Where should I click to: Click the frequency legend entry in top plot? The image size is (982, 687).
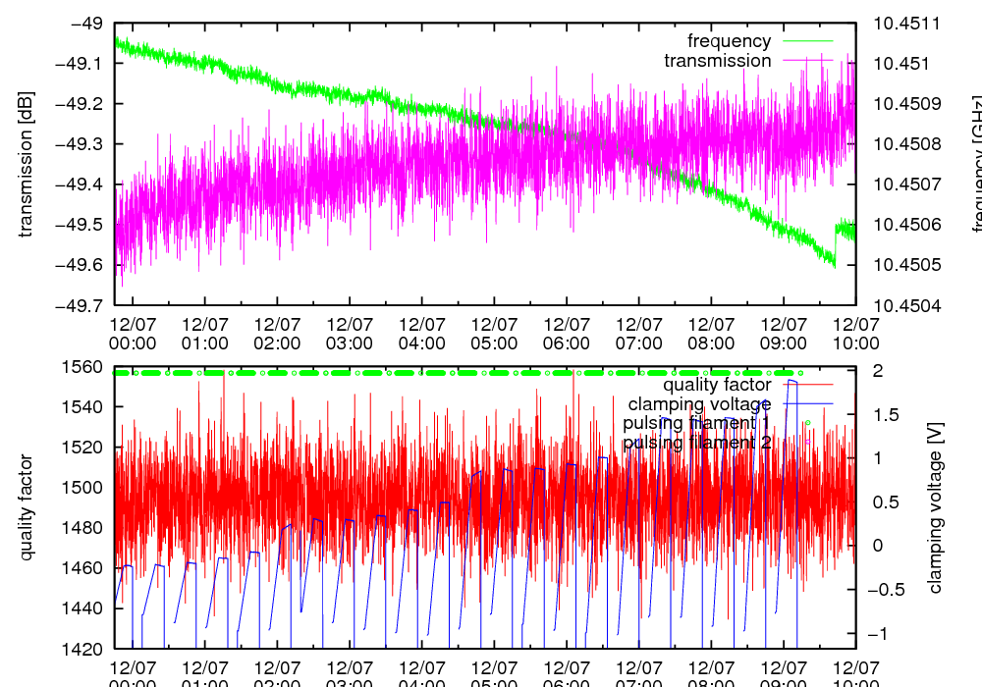[729, 41]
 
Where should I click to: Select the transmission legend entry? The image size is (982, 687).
[717, 61]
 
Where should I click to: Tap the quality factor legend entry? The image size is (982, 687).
[717, 385]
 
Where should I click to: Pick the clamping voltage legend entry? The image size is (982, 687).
[699, 403]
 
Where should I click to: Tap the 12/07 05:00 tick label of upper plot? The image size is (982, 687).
[494, 334]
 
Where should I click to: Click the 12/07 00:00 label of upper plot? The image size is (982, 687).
[133, 334]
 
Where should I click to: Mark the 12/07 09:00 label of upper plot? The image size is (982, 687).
[783, 334]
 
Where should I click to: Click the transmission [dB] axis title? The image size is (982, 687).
[27, 164]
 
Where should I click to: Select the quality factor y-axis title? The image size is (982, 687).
[27, 507]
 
